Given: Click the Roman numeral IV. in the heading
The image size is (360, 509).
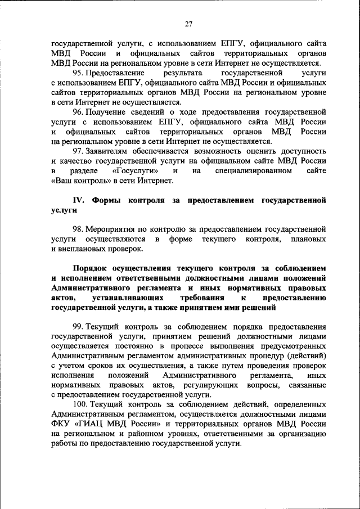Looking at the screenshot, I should pyautogui.click(x=79, y=200).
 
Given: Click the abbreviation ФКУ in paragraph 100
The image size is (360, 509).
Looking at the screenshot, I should pyautogui.click(x=61, y=424).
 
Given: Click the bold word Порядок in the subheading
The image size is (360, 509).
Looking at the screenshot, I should pyautogui.click(x=92, y=268).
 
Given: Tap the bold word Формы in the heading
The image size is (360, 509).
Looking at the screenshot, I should pyautogui.click(x=107, y=200).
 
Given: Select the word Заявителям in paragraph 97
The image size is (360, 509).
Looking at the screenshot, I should pyautogui.click(x=112, y=151).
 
